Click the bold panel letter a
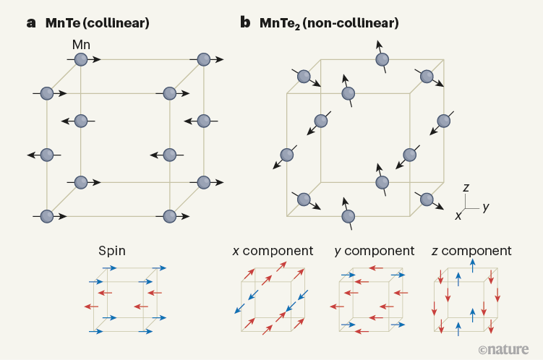click(31, 23)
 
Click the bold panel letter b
click(245, 22)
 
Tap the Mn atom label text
click(81, 45)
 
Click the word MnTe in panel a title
click(63, 23)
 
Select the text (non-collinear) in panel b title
click(351, 23)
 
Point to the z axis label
click(466, 188)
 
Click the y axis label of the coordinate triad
click(486, 207)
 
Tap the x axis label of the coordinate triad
click(458, 215)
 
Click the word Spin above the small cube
click(112, 251)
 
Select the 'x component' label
click(273, 251)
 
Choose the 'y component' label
click(375, 252)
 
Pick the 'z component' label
click(471, 251)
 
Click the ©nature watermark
click(503, 350)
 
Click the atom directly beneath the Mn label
click(81, 59)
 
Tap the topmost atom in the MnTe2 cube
click(382, 59)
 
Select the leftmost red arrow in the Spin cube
click(91, 307)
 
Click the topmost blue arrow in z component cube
click(473, 266)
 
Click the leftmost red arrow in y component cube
click(337, 307)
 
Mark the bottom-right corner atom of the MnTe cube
click(170, 216)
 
